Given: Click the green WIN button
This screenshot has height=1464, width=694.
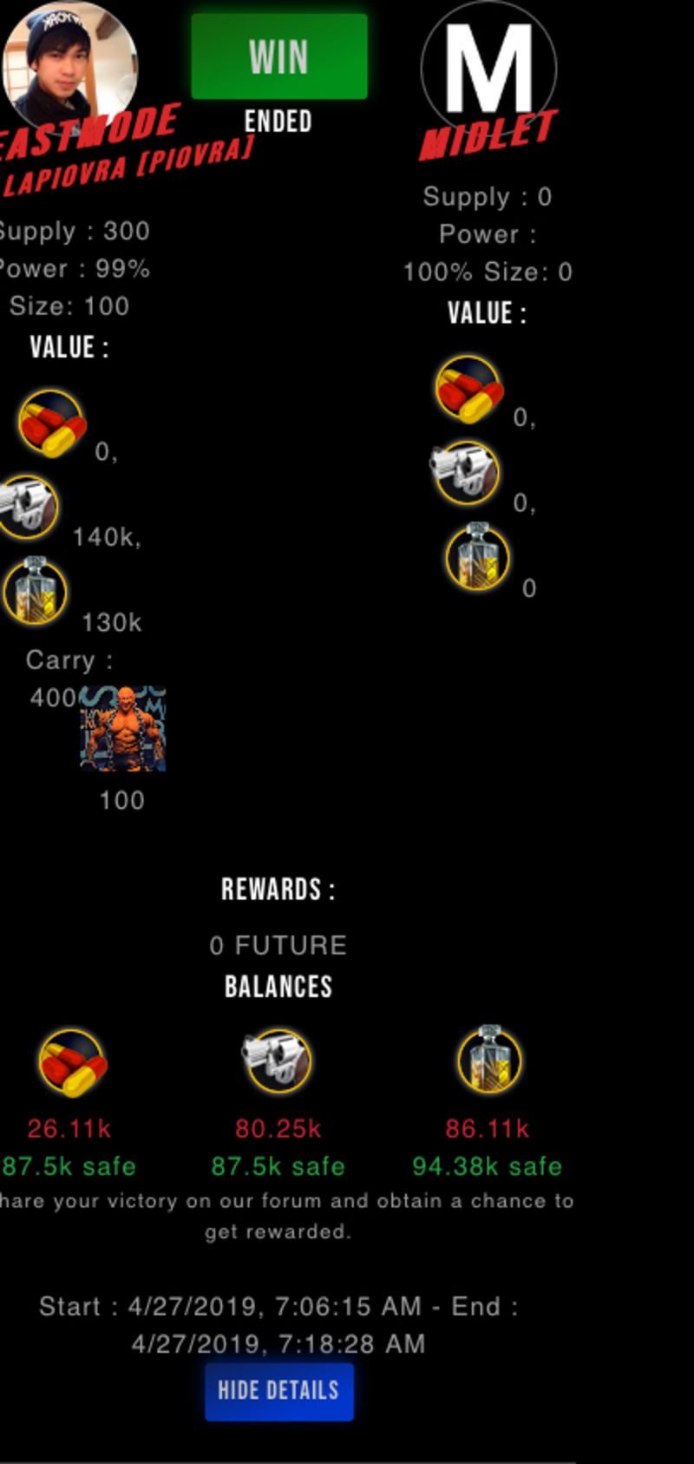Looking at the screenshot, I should pyautogui.click(x=278, y=56).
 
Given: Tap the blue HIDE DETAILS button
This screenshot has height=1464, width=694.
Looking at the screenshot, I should pyautogui.click(x=278, y=1391).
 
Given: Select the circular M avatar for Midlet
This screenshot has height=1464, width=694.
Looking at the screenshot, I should pyautogui.click(x=488, y=68).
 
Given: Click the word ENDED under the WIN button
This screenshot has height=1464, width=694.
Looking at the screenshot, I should pyautogui.click(x=278, y=121).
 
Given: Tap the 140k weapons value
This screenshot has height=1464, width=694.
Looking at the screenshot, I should pyautogui.click(x=106, y=537).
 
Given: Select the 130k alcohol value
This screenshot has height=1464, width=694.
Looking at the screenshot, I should pyautogui.click(x=111, y=622).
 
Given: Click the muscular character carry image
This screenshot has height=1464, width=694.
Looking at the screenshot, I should pyautogui.click(x=122, y=729).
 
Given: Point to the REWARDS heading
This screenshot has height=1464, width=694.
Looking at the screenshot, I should pyautogui.click(x=278, y=890).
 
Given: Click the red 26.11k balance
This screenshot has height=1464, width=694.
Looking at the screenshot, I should pyautogui.click(x=69, y=1128).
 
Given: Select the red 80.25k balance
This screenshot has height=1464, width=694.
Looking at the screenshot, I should pyautogui.click(x=278, y=1128).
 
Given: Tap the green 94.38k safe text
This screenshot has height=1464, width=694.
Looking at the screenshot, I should pyautogui.click(x=487, y=1165).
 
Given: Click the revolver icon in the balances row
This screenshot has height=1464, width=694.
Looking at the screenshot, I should pyautogui.click(x=278, y=1060).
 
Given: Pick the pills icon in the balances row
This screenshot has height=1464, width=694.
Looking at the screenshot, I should pyautogui.click(x=72, y=1062).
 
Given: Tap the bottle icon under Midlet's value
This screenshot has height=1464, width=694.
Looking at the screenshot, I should pyautogui.click(x=477, y=556).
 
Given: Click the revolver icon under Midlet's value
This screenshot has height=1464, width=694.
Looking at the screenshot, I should pyautogui.click(x=465, y=471).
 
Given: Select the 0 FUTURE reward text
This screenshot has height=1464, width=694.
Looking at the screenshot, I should pyautogui.click(x=278, y=945).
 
